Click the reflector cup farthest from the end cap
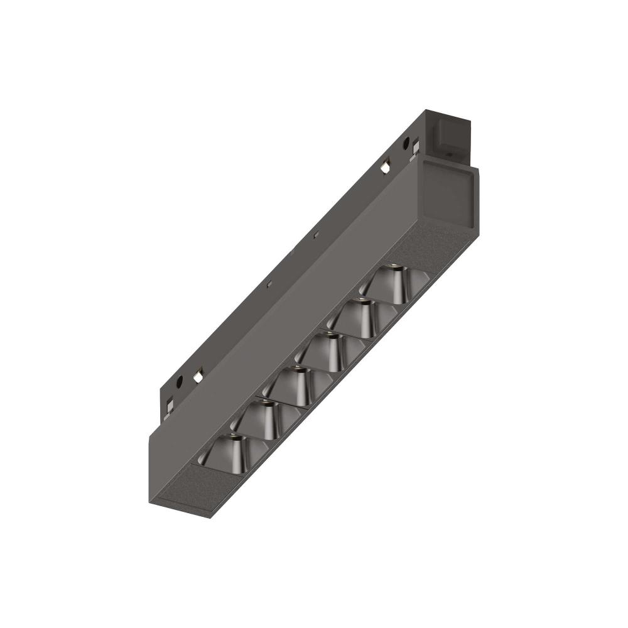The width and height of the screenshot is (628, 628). (x=232, y=452)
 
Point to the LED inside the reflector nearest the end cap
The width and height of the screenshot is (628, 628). (x=392, y=266)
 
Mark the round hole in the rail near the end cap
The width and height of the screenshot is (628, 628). (x=406, y=143)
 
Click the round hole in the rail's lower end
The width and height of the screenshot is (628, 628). (x=179, y=381)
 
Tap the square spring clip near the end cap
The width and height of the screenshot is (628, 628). (x=385, y=166)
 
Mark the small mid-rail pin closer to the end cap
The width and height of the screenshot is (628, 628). (x=317, y=235)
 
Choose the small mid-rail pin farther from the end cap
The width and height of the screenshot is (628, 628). (x=269, y=284)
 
